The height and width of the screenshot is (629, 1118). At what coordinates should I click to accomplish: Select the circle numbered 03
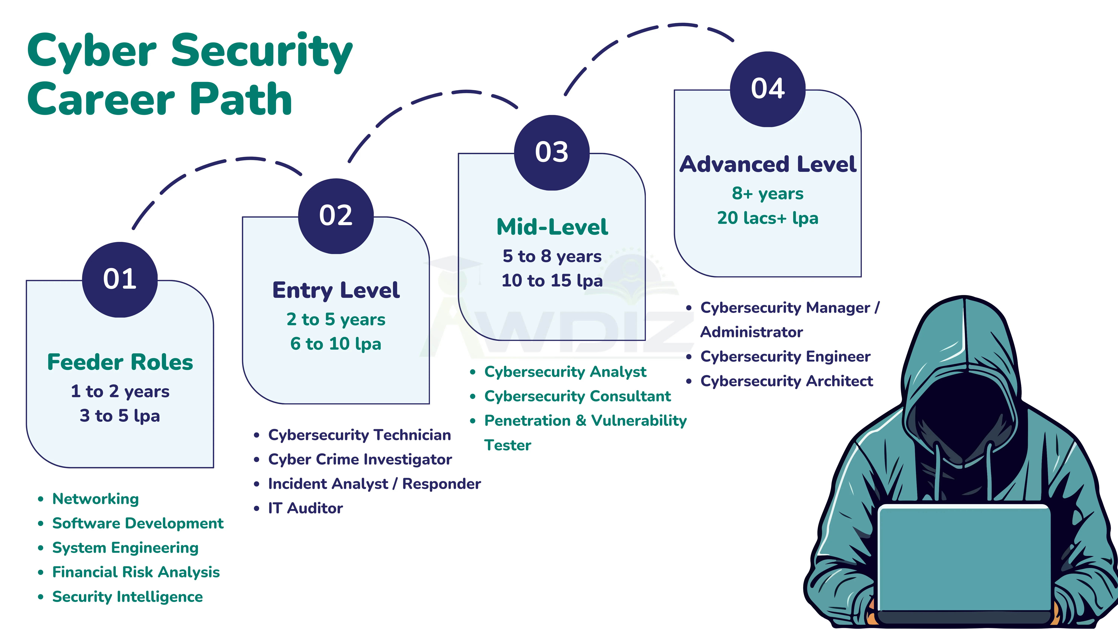pyautogui.click(x=552, y=152)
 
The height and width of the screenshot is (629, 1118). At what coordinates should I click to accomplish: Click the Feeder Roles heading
pyautogui.click(x=120, y=362)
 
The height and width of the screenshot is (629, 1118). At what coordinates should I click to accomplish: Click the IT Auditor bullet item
pyautogui.click(x=305, y=508)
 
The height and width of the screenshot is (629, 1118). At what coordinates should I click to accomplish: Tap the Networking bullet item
pyautogui.click(x=95, y=499)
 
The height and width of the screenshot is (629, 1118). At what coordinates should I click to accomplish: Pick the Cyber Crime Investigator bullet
pyautogui.click(x=360, y=459)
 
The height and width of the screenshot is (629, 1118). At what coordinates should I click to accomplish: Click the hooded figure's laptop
pyautogui.click(x=964, y=560)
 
